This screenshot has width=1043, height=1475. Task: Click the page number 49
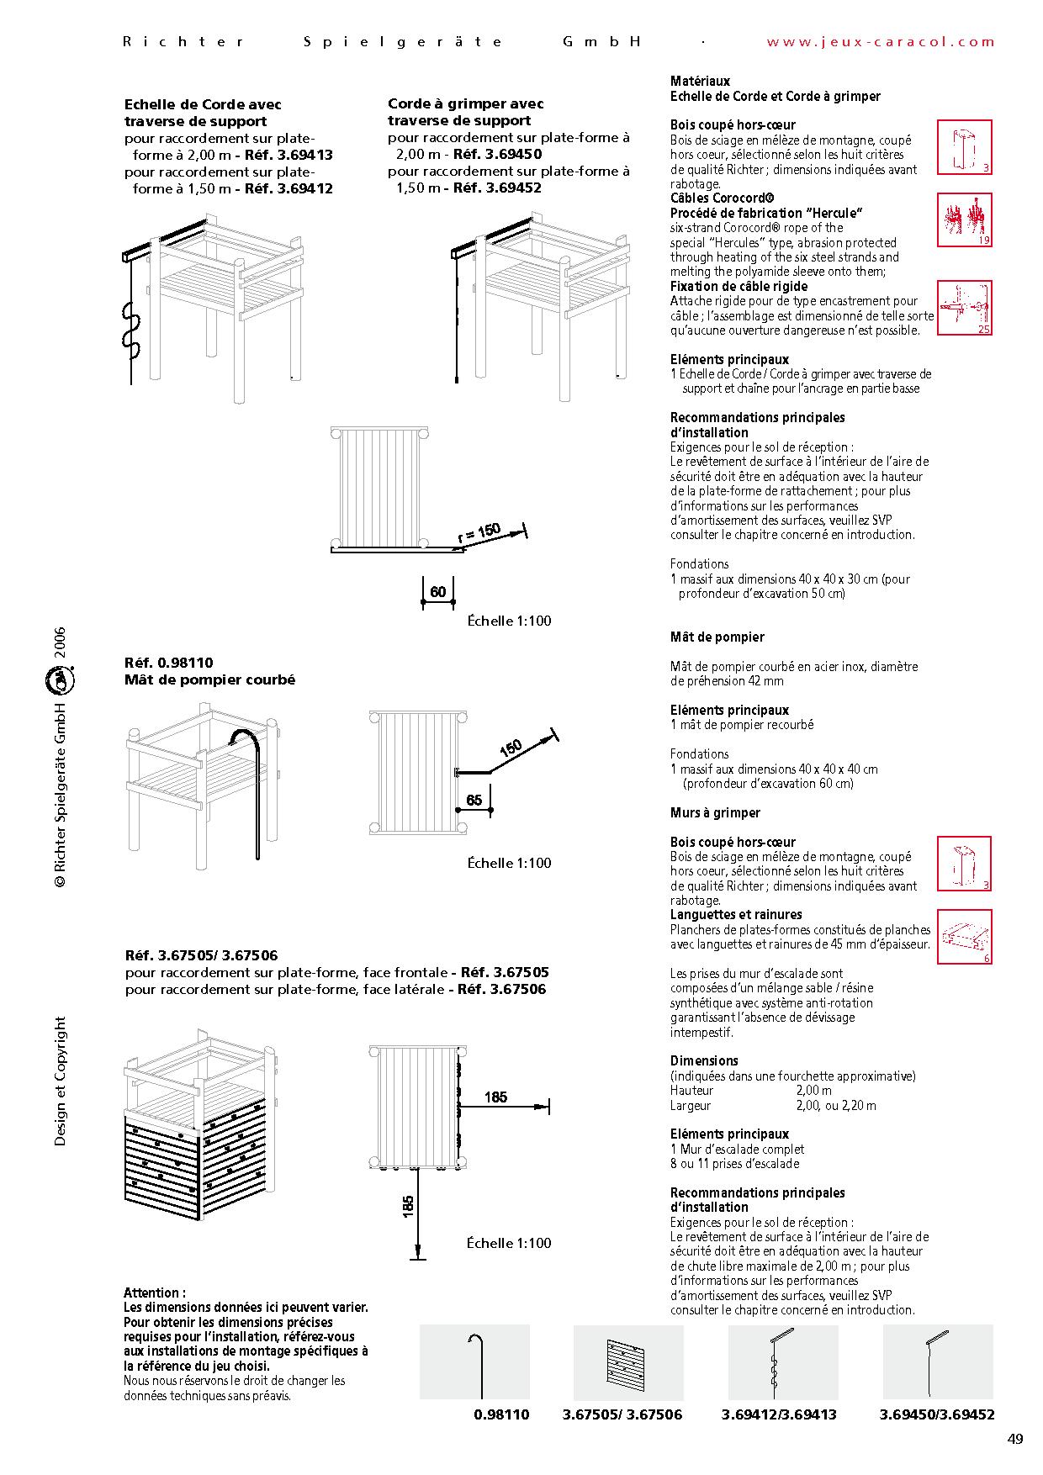point(1014,1439)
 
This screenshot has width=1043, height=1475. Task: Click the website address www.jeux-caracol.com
point(881,42)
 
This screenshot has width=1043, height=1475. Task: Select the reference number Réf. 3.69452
point(497,188)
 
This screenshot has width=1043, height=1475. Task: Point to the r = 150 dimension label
point(479,533)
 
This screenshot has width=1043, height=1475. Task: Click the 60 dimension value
point(437,592)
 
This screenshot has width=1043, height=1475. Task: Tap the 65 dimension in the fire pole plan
point(474,800)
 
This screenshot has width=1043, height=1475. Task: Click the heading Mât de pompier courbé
point(209,679)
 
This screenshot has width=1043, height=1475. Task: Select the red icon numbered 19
point(965,219)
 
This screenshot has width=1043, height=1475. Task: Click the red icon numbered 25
point(965,308)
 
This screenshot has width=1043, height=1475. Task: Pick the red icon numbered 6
point(965,936)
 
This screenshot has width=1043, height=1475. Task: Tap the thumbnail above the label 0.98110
point(474,1361)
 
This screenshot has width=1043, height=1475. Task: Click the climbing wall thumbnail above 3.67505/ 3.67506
point(627,1361)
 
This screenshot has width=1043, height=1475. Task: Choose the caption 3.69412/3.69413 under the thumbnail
point(779,1414)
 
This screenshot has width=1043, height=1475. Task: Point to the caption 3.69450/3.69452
point(937,1414)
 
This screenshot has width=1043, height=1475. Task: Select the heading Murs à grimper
point(715,812)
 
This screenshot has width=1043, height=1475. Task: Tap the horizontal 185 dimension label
point(496,1097)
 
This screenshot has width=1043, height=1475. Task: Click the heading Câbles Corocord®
point(723,198)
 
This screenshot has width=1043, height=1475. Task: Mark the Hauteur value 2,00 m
point(814,1091)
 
